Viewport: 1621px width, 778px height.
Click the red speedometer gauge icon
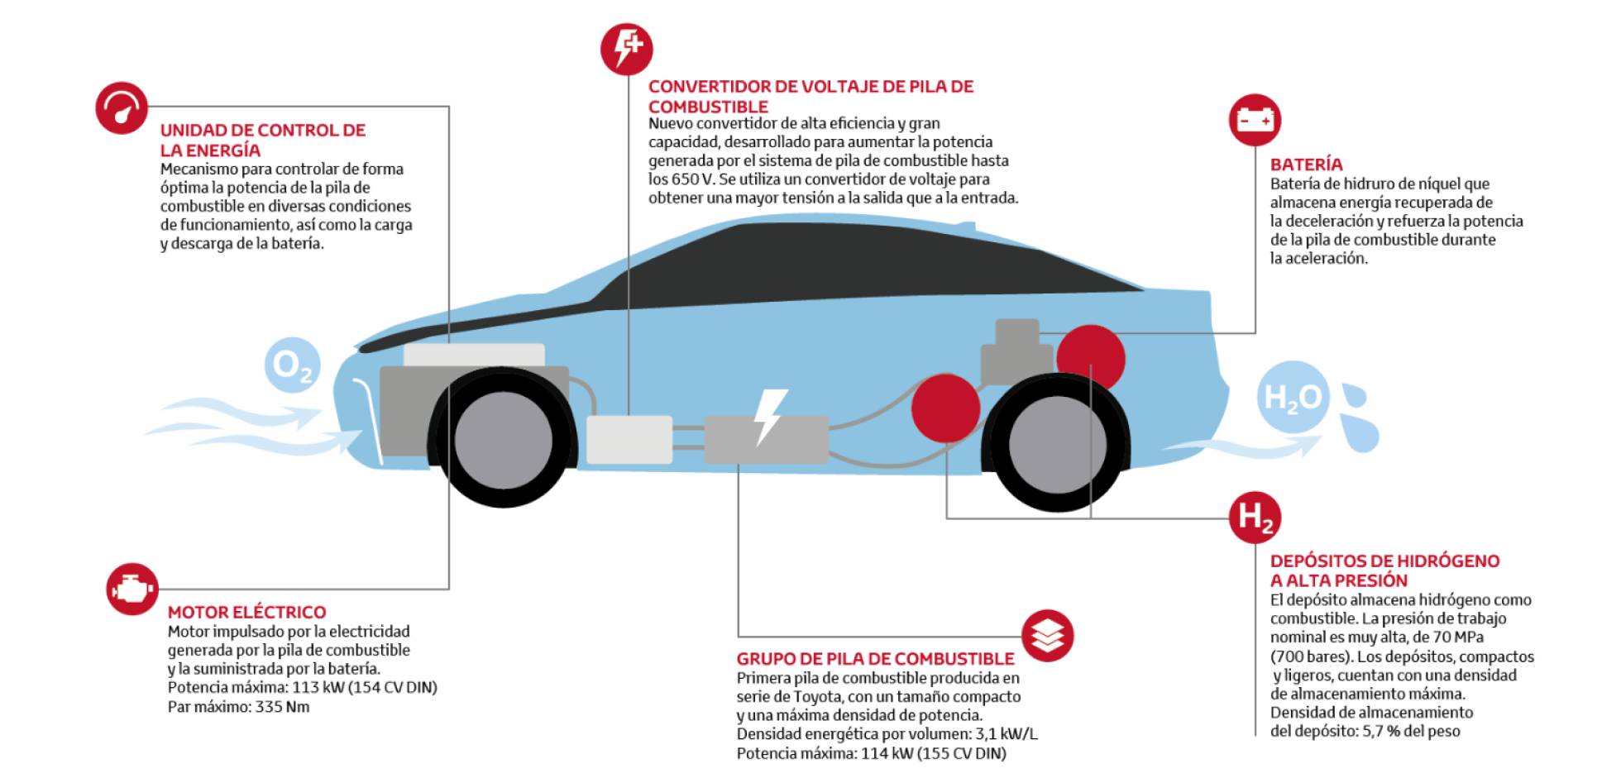click(x=122, y=108)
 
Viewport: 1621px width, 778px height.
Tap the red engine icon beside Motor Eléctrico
click(x=132, y=589)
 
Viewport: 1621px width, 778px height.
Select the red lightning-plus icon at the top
click(x=626, y=48)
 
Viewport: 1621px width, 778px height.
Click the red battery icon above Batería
click(x=1255, y=121)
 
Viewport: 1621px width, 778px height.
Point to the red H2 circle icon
click(x=1255, y=518)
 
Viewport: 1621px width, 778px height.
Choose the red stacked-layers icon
click(x=1048, y=636)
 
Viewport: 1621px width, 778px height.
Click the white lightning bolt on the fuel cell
click(x=769, y=417)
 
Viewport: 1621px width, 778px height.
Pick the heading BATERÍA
click(x=1306, y=165)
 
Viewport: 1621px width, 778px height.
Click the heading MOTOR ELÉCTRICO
click(x=246, y=613)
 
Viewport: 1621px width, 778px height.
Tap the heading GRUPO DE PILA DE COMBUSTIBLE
click(x=875, y=659)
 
